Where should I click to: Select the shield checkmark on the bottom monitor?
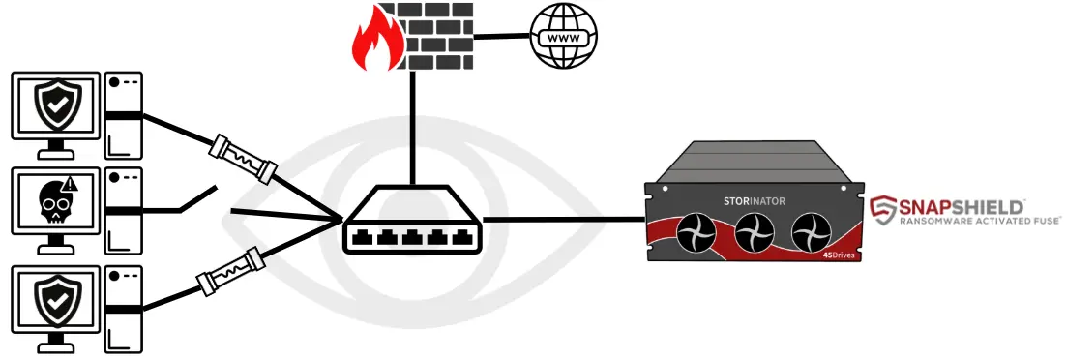53,302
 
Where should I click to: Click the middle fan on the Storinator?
755,233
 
